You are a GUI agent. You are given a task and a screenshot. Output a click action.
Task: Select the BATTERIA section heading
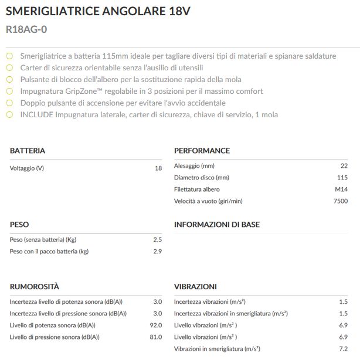(x=28, y=151)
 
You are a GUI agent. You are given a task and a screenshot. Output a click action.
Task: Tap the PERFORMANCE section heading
(x=202, y=151)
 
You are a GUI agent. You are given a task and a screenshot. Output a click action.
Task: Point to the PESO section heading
(x=19, y=225)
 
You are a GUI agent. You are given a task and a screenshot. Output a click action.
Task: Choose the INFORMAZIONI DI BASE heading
(x=217, y=225)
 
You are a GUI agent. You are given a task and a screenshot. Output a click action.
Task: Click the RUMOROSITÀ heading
(x=35, y=287)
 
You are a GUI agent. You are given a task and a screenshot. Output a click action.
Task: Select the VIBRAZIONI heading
(x=195, y=287)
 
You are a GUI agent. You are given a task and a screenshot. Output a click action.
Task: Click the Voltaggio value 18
(x=158, y=168)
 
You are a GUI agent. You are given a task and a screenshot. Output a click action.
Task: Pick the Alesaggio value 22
(x=344, y=166)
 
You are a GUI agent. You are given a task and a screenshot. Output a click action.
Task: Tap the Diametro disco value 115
(x=342, y=178)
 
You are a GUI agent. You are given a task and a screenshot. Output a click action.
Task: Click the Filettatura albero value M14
(x=341, y=189)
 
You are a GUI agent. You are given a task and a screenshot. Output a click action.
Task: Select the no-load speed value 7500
(x=340, y=201)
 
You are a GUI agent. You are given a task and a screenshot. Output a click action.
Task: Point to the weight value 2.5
(x=157, y=240)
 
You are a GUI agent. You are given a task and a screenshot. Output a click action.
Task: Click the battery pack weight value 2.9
(x=157, y=252)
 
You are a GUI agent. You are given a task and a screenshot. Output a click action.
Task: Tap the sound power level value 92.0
(x=155, y=325)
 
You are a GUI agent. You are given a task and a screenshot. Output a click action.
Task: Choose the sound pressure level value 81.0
(x=155, y=337)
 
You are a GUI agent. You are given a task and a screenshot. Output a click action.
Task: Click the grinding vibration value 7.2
(x=343, y=349)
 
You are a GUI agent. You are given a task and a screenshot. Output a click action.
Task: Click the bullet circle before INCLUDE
(x=9, y=115)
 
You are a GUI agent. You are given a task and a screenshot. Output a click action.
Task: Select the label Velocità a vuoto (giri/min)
(x=208, y=201)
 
